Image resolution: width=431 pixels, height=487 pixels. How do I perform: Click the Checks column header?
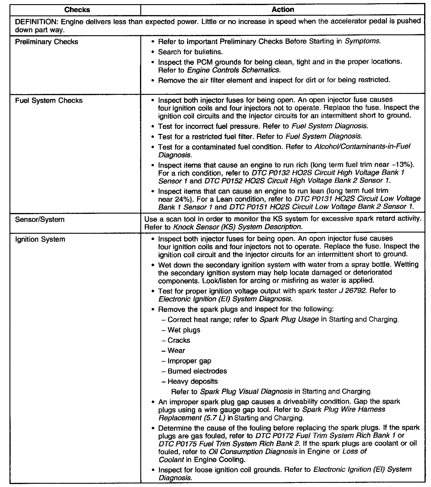[x=77, y=10]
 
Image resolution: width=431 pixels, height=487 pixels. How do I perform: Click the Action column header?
[x=283, y=10]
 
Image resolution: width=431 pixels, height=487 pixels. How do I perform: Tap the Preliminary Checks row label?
[x=46, y=42]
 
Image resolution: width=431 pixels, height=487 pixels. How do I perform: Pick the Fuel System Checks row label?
[x=49, y=100]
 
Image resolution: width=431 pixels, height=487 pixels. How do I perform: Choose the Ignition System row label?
[x=40, y=239]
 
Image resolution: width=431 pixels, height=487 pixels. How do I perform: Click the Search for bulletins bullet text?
[x=190, y=52]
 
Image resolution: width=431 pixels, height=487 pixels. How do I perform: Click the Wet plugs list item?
[x=184, y=330]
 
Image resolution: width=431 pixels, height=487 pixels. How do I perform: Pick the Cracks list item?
[x=179, y=340]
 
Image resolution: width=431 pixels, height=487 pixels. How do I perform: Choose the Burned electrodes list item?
[x=197, y=371]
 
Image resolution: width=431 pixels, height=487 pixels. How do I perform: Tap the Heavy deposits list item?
[x=192, y=382]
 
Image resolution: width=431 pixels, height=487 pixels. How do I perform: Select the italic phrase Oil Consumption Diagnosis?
[x=253, y=451]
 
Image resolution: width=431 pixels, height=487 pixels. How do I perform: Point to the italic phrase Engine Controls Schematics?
[x=233, y=70]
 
